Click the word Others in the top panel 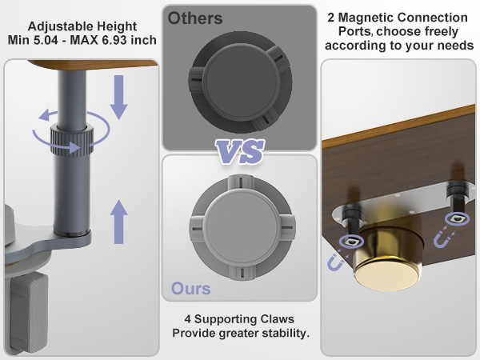pyautogui.click(x=195, y=18)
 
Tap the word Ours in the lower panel pyautogui.click(x=190, y=288)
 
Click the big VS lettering pyautogui.click(x=240, y=151)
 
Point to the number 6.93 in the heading pyautogui.click(x=114, y=40)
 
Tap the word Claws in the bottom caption pyautogui.click(x=277, y=319)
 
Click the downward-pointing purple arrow pyautogui.click(x=118, y=98)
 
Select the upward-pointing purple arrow pyautogui.click(x=118, y=222)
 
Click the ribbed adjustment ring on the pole pyautogui.click(x=72, y=141)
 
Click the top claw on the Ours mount pyautogui.click(x=241, y=182)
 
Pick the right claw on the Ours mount pyautogui.click(x=286, y=228)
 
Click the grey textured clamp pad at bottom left pyautogui.click(x=29, y=312)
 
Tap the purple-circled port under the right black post pyautogui.click(x=457, y=218)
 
